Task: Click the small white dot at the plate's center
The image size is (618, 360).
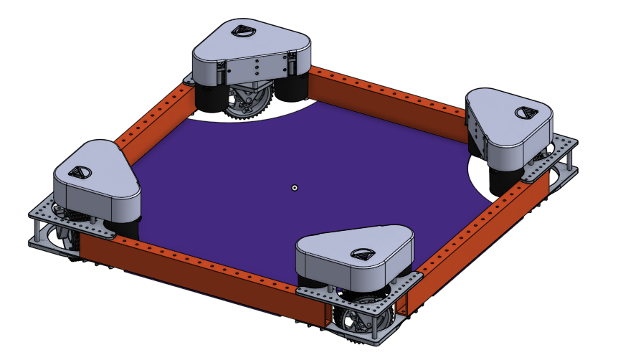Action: coord(294,188)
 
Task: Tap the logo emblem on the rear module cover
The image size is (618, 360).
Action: coord(242,32)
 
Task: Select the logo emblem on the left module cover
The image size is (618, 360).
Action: coord(76,172)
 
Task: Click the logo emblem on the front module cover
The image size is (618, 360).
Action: coord(361,254)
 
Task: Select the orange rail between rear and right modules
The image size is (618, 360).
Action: coord(387,94)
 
